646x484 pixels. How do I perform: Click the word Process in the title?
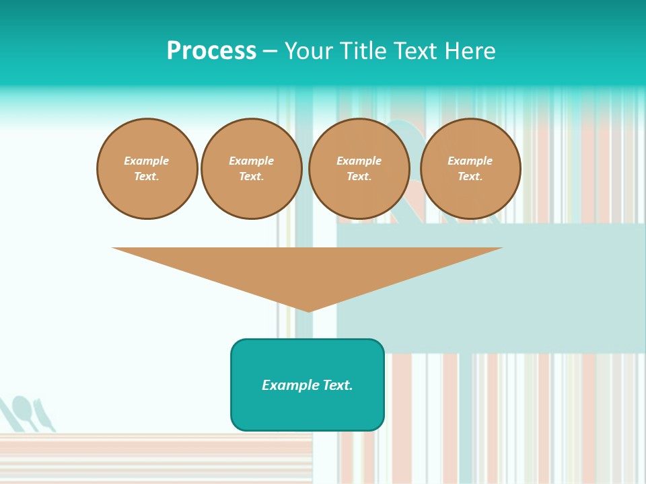coord(211,51)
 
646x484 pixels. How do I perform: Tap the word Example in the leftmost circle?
coord(147,161)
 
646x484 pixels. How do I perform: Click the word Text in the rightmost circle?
coord(470,177)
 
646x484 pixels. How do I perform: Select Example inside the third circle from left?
coord(359,161)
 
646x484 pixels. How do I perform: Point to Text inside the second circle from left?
coord(251,177)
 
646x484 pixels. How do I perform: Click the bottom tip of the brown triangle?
coord(309,311)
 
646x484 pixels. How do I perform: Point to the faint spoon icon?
coord(24,411)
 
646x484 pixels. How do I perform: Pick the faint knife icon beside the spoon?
coord(44,415)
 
